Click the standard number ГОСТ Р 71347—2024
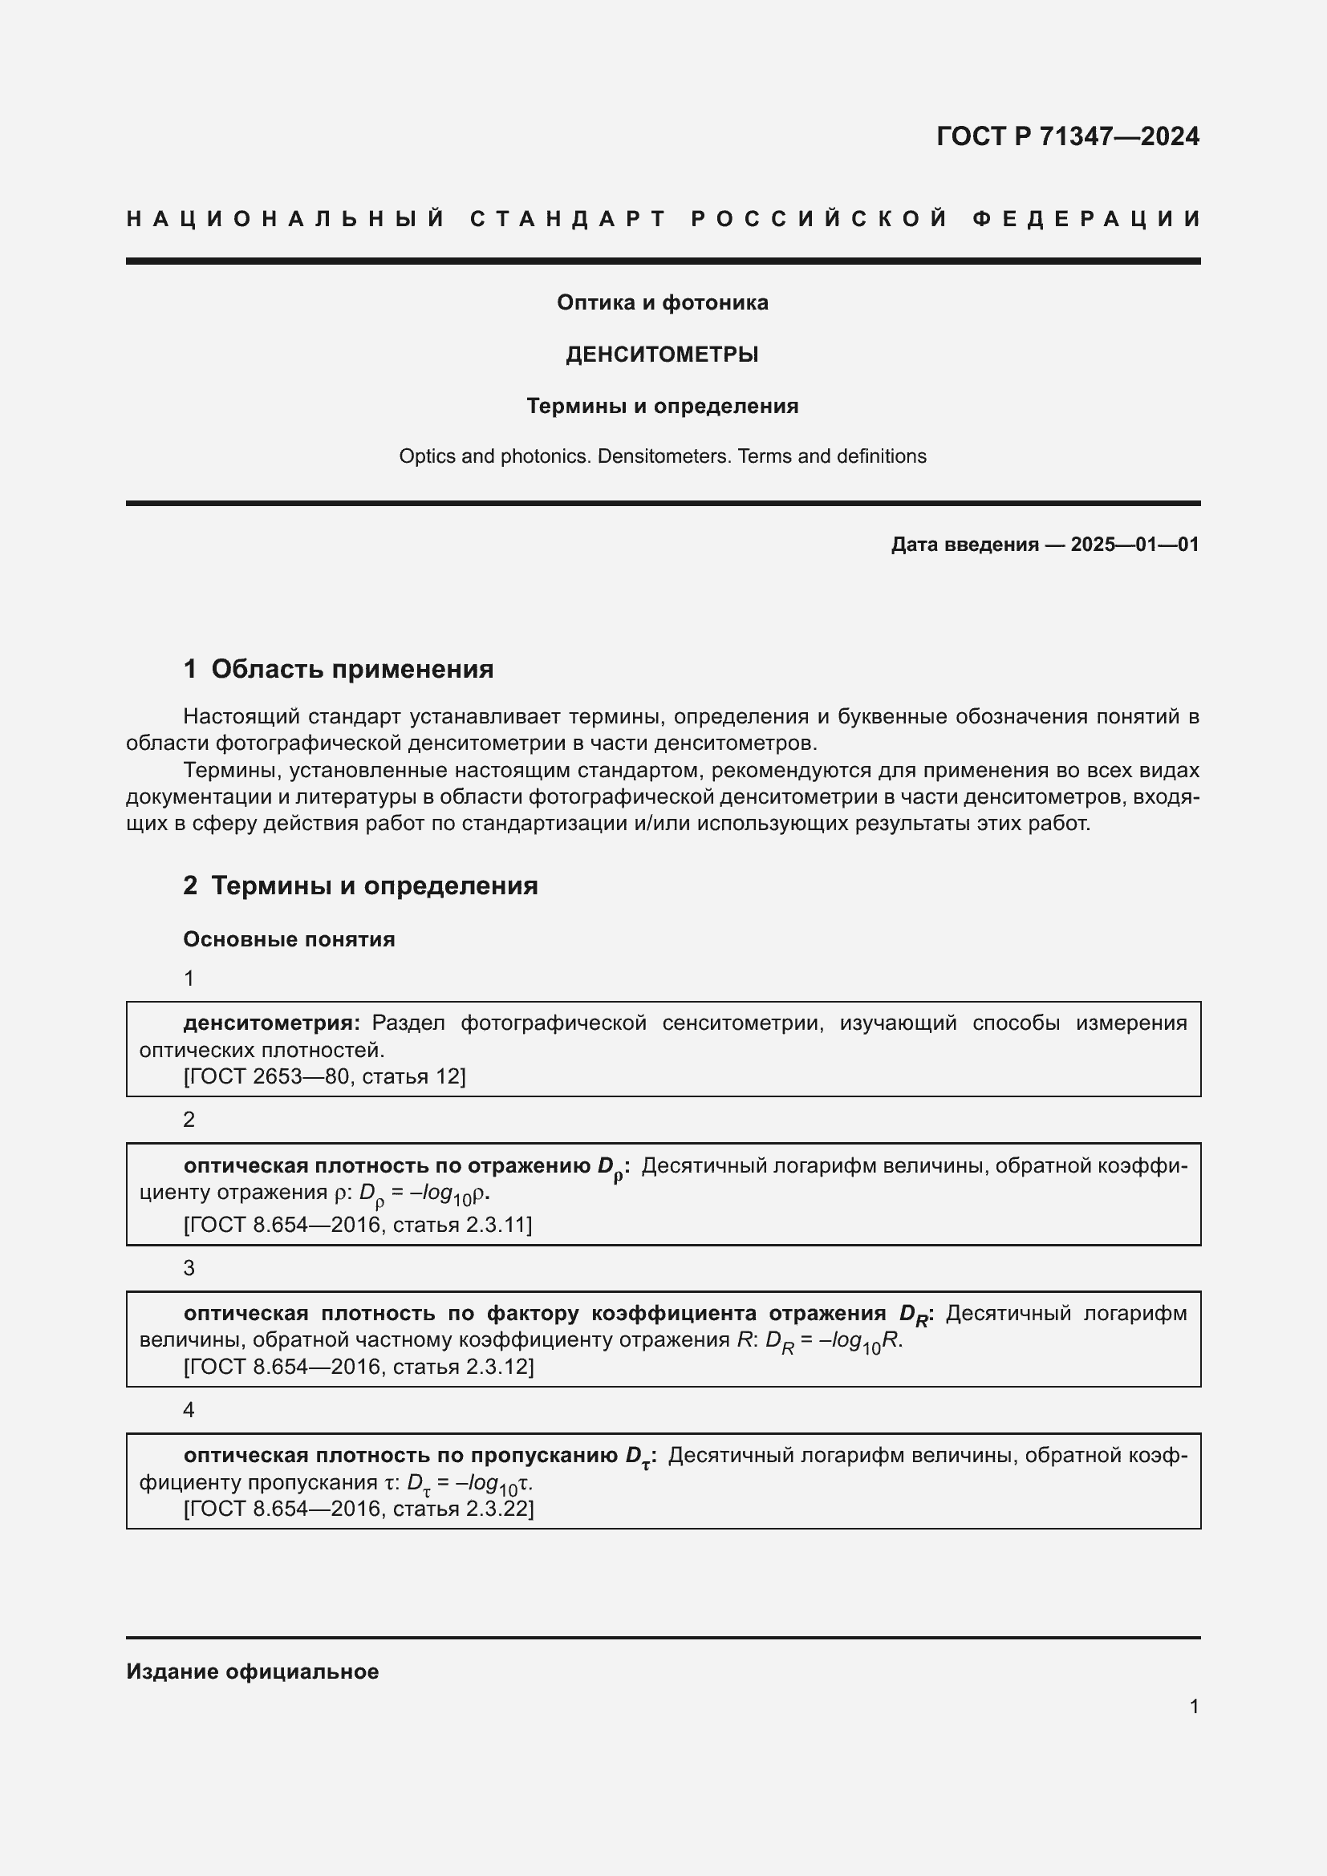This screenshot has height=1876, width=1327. pyautogui.click(x=1067, y=136)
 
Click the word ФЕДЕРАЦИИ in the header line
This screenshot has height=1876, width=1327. pyautogui.click(x=1086, y=219)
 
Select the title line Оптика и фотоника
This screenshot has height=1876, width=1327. pyautogui.click(x=663, y=303)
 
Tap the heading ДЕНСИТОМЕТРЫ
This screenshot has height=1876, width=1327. pyautogui.click(x=663, y=355)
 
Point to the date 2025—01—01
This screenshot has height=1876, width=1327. pyautogui.click(x=1134, y=545)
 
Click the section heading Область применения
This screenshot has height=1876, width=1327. pyautogui.click(x=352, y=669)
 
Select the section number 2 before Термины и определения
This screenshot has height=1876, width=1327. pyautogui.click(x=190, y=885)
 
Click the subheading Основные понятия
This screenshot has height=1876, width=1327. pyautogui.click(x=290, y=940)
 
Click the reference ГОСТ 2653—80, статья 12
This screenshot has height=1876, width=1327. pyautogui.click(x=324, y=1076)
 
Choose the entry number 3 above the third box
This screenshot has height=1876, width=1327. pyautogui.click(x=189, y=1268)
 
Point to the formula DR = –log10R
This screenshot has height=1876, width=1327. pyautogui.click(x=834, y=1342)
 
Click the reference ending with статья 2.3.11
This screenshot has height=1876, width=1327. pyautogui.click(x=357, y=1224)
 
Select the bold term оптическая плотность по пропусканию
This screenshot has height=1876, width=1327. pyautogui.click(x=400, y=1456)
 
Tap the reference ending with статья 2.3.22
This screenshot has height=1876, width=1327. pyautogui.click(x=358, y=1509)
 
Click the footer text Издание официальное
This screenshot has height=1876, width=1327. pyautogui.click(x=253, y=1671)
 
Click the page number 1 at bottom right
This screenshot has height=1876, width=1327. pyautogui.click(x=1194, y=1707)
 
